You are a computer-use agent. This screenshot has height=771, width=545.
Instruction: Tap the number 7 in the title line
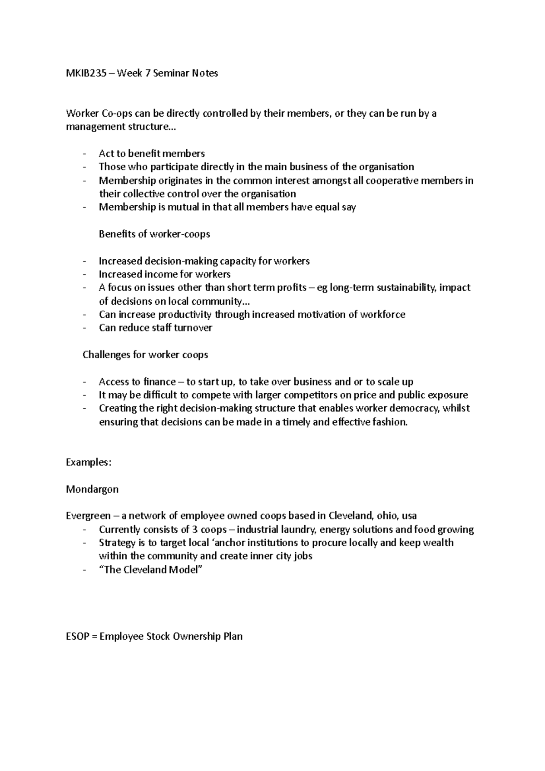(x=147, y=73)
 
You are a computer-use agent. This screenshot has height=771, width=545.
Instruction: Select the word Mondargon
(x=92, y=489)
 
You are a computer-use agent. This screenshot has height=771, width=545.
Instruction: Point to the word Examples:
(x=89, y=463)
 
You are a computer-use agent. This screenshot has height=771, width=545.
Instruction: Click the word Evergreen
(x=88, y=516)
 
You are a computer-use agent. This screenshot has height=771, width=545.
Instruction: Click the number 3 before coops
(x=194, y=529)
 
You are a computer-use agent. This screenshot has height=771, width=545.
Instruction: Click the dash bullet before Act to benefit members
(x=84, y=154)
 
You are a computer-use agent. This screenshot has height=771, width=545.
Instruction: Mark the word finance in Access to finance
(x=159, y=382)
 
